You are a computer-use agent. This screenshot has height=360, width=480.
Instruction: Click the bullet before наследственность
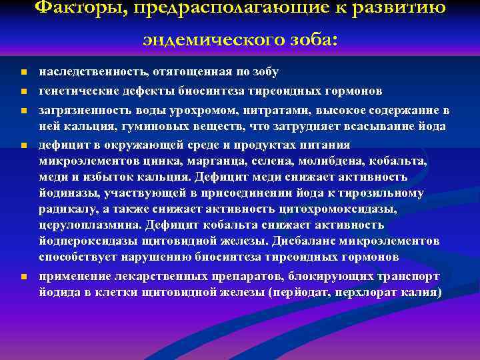23,72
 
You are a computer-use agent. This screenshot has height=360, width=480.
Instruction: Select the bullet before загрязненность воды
23,110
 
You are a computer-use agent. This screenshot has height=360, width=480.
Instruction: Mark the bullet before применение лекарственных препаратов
23,277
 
